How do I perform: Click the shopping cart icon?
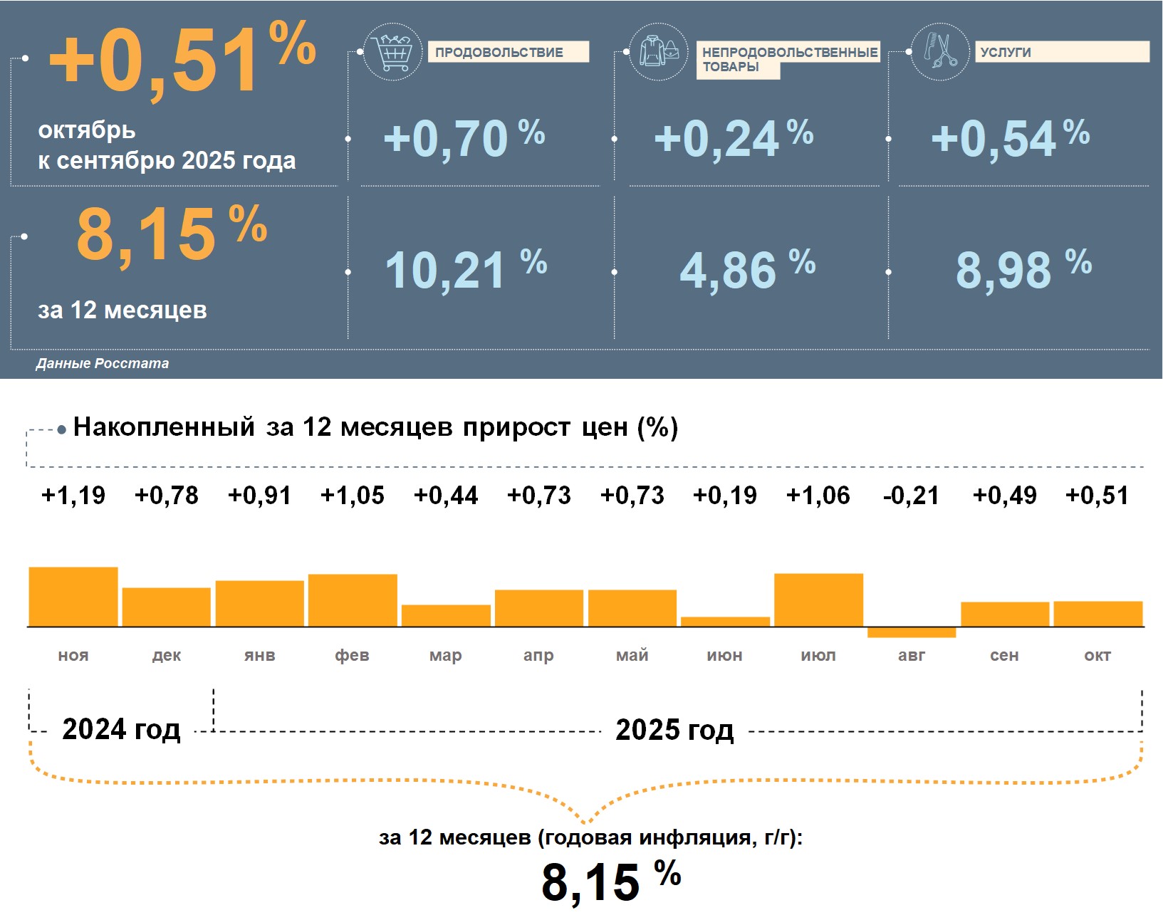tap(392, 51)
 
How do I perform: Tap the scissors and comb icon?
tap(940, 51)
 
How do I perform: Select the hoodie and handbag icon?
tap(659, 51)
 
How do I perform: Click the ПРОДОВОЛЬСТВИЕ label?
tap(499, 52)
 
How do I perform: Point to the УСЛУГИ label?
tap(1005, 52)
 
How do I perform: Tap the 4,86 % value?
tap(747, 270)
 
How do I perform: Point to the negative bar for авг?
tap(912, 632)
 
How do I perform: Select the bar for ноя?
tap(73, 597)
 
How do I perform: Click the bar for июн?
tap(725, 622)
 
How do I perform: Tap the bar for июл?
tap(818, 600)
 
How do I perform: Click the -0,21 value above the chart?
tap(911, 496)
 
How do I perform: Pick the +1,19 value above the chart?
tap(73, 496)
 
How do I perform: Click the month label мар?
tap(446, 655)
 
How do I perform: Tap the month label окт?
tap(1097, 655)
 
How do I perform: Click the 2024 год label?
tap(121, 729)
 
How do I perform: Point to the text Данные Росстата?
tap(103, 363)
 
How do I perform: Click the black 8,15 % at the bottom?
tap(610, 882)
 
